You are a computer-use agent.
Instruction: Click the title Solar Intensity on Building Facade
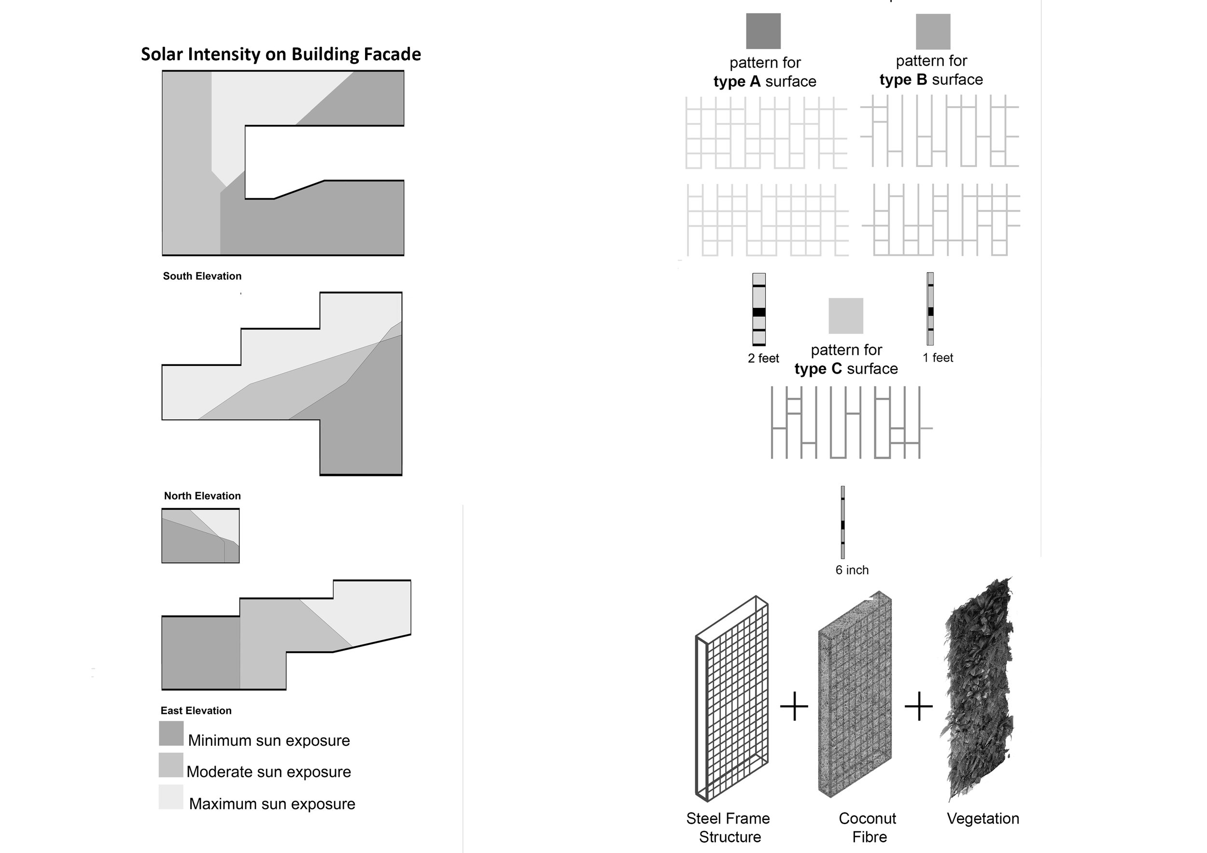click(x=281, y=54)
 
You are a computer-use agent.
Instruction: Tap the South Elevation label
click(x=202, y=276)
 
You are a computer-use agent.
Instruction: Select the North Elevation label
click(x=202, y=496)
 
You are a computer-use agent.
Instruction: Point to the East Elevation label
click(x=196, y=711)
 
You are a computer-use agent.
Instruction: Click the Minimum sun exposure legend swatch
click(x=171, y=733)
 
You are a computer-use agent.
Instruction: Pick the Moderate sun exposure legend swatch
click(x=171, y=765)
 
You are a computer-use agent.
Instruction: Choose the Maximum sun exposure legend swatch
click(x=171, y=797)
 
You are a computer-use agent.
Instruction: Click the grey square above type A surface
click(x=763, y=31)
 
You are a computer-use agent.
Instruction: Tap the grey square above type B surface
click(x=933, y=31)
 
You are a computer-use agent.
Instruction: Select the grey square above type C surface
click(x=846, y=316)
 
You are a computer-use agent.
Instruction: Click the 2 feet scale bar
click(x=758, y=309)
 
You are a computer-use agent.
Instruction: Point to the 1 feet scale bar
click(x=930, y=309)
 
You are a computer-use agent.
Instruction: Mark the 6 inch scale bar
click(x=842, y=522)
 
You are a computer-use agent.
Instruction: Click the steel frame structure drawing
click(x=732, y=699)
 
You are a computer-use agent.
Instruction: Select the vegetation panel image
click(x=978, y=688)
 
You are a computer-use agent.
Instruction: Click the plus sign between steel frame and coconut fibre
click(x=794, y=706)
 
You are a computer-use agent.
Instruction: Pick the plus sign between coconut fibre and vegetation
click(x=918, y=706)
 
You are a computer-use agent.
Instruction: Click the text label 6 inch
click(x=852, y=570)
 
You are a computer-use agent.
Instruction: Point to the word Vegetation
click(x=982, y=818)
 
